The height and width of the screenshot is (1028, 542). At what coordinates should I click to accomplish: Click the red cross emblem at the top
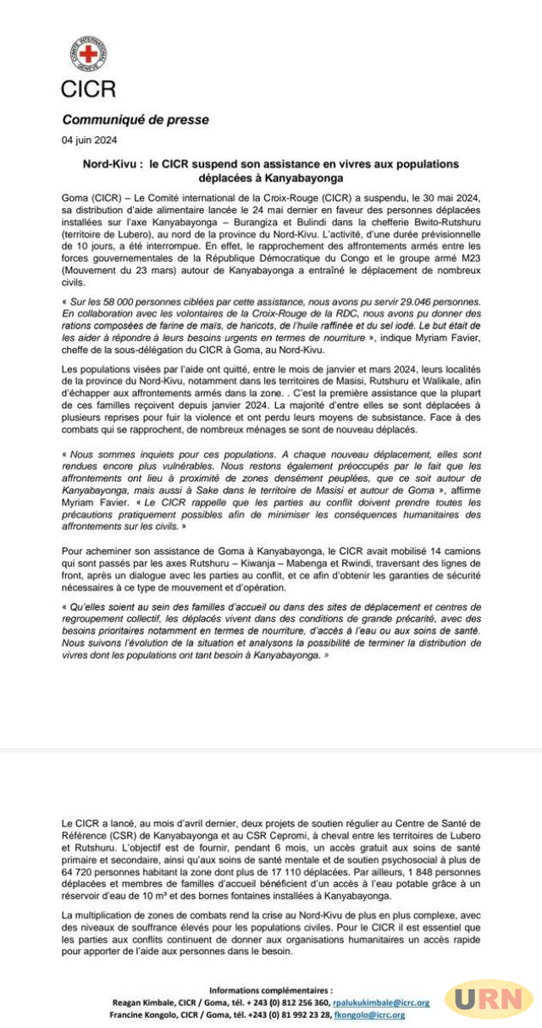(88, 54)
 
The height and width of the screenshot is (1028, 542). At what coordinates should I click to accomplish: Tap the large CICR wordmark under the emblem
(88, 87)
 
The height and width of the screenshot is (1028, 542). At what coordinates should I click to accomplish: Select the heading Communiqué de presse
(135, 119)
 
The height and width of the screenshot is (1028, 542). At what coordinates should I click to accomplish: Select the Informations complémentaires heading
(270, 989)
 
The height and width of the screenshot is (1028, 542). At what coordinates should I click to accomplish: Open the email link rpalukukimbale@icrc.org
(380, 1002)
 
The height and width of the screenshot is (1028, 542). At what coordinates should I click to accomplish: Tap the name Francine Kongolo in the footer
(141, 1014)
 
